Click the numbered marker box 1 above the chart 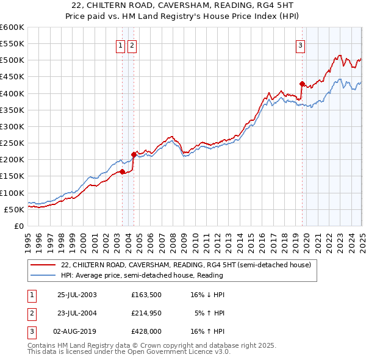tap(120, 44)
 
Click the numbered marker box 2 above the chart tap(132, 44)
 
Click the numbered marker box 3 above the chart tap(301, 44)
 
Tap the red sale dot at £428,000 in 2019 tap(302, 84)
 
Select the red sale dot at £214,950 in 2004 tap(134, 154)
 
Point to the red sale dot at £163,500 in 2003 tap(123, 171)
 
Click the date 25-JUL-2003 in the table tap(77, 294)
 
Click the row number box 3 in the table tap(31, 332)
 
